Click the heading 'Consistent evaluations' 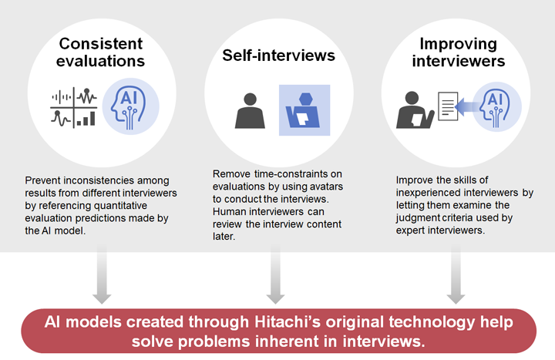[100, 52]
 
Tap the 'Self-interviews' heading [278, 56]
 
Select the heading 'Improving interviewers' [459, 52]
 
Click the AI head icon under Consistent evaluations [130, 106]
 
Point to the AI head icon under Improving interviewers [496, 106]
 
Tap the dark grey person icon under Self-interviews [250, 110]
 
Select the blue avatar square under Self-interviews [304, 110]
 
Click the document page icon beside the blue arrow [448, 106]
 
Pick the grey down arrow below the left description [102, 274]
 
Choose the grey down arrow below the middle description [275, 274]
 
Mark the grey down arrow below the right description [456, 274]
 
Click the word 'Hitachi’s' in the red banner [288, 322]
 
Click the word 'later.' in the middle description [224, 237]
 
